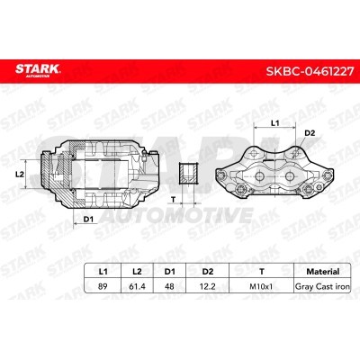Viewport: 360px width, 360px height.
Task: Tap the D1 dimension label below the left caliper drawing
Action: coord(89,219)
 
